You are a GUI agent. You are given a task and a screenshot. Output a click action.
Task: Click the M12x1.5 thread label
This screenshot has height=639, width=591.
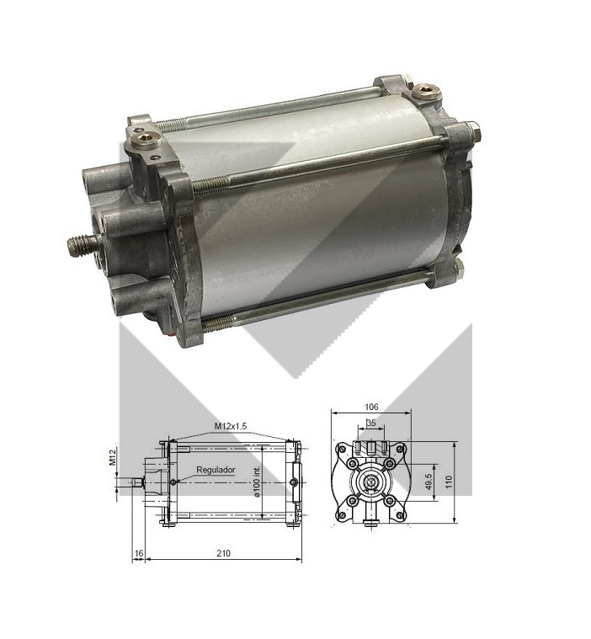coord(231,426)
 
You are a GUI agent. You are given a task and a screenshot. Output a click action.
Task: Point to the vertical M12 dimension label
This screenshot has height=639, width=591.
coord(114,456)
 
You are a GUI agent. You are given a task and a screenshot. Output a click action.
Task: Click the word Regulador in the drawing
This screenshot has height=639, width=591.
coord(216,470)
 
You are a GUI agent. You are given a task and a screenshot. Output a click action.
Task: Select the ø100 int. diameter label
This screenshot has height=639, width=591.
coord(257,482)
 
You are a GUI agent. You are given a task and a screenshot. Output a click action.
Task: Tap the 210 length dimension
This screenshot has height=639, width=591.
coord(223,553)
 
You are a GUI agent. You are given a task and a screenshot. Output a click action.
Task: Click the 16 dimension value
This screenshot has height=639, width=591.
coord(139,553)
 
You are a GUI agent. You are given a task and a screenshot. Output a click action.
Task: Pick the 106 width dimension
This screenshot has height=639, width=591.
coord(371,407)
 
